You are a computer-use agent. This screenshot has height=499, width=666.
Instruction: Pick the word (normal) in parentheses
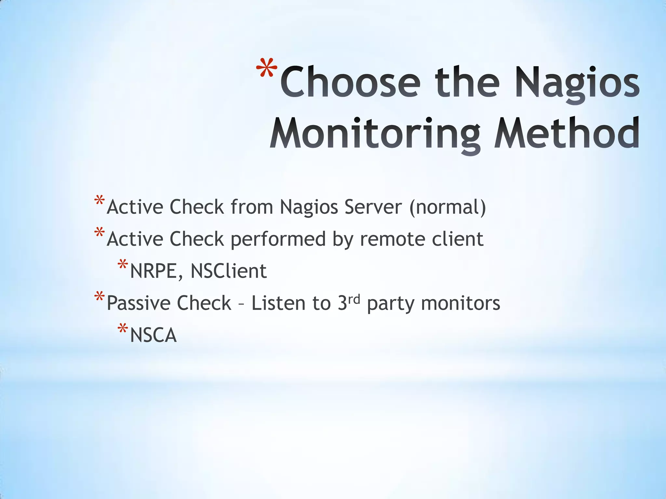(x=447, y=208)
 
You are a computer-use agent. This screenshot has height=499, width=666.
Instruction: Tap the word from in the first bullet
(x=251, y=207)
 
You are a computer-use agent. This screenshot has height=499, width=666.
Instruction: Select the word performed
(x=278, y=239)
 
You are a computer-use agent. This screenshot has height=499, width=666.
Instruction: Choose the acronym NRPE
(x=154, y=271)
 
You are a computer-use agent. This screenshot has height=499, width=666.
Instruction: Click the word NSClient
(x=229, y=271)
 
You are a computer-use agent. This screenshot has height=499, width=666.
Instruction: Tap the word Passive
(x=138, y=303)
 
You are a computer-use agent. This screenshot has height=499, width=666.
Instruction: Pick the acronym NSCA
(x=153, y=335)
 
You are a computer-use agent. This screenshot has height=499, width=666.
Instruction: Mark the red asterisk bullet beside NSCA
(x=123, y=329)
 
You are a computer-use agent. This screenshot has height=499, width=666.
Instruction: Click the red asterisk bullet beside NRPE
(x=123, y=265)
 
